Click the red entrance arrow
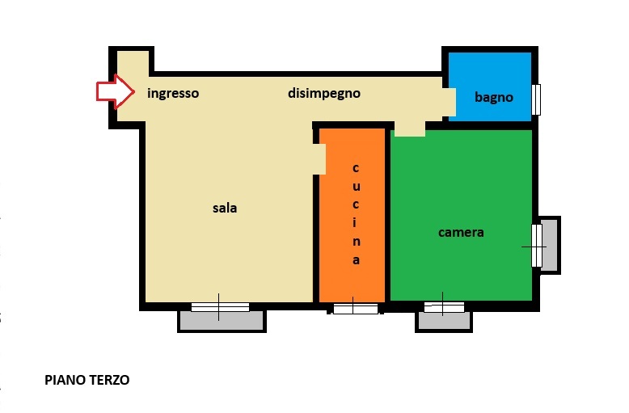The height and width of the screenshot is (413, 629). pos(115,91)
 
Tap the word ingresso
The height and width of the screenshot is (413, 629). pos(173,94)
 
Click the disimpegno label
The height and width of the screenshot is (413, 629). pos(324,94)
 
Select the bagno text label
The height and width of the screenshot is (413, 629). pos(494,98)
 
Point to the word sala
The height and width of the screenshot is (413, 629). pos(225,208)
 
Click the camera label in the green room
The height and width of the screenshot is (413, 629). pos(461,233)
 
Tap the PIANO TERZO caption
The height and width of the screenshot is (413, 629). pos(87,380)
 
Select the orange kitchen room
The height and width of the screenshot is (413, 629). pos(352,215)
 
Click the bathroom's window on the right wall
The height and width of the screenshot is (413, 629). pos(536,99)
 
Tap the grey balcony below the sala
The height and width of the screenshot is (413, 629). pos(222,320)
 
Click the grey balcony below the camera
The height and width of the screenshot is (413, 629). pos(444,321)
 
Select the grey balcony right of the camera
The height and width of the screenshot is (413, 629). pos(550,245)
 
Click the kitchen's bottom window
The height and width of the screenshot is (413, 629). pos(356,309)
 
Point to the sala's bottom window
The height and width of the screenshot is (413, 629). pos(220,307)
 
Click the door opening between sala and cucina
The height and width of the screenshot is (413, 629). pos(319,159)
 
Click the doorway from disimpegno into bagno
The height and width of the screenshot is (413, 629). pos(450,102)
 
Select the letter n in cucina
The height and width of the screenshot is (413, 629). pos(356,242)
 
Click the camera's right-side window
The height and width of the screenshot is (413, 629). pos(537,246)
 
